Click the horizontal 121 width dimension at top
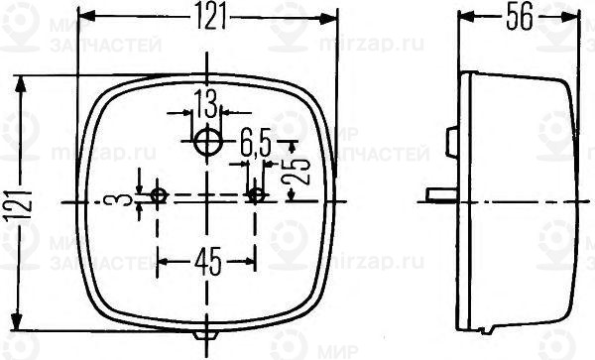click(x=207, y=15)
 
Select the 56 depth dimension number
click(x=519, y=15)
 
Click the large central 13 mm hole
click(x=207, y=142)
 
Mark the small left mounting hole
click(x=159, y=195)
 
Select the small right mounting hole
click(x=256, y=195)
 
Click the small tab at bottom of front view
click(x=207, y=337)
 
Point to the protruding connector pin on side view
click(x=437, y=194)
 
